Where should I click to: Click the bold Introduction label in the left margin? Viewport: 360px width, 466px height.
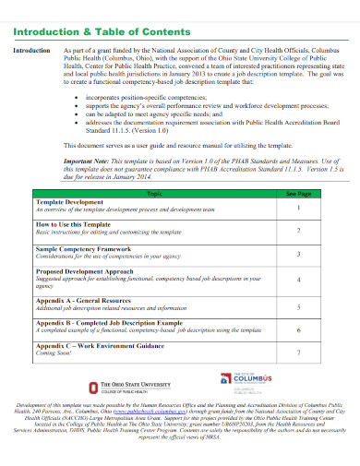tap(30, 50)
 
